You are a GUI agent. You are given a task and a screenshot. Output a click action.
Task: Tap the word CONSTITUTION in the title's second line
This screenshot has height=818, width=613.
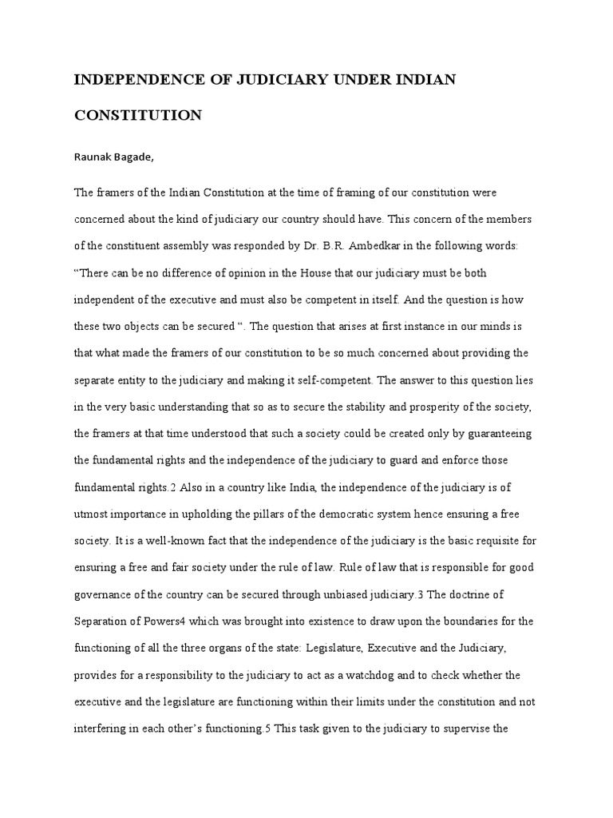138,116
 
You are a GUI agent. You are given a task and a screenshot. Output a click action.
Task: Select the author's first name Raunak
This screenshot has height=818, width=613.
94,157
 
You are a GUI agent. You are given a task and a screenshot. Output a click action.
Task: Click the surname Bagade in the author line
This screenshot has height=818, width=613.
135,157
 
